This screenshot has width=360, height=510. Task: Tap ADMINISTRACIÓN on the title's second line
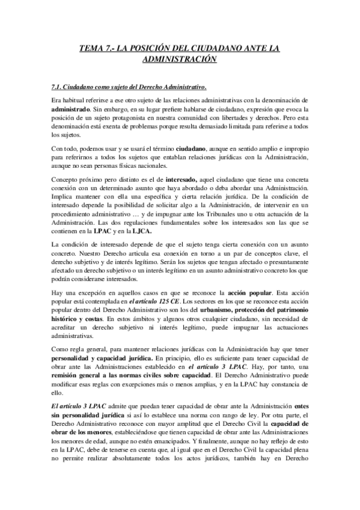(180, 60)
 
